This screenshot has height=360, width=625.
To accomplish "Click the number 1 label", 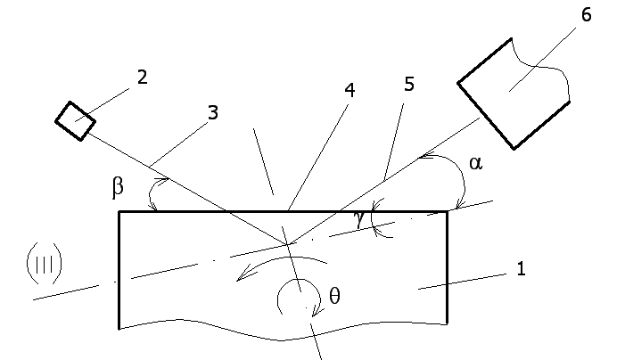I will tap(521, 268).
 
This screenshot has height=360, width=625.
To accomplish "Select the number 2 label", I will tap(141, 78).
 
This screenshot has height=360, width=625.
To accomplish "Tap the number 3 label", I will tap(211, 112).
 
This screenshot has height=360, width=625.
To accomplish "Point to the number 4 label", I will tap(349, 90).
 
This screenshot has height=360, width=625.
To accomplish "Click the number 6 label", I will tap(585, 15).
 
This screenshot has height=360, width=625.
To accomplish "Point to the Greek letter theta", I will tap(334, 297).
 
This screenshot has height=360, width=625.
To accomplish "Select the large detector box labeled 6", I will tap(513, 94).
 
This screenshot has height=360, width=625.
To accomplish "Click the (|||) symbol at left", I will tap(43, 262).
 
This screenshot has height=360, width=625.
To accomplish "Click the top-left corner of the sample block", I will tap(119, 211).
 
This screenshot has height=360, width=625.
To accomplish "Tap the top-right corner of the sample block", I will tap(447, 212).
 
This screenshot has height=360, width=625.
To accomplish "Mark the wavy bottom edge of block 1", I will tap(285, 336).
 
